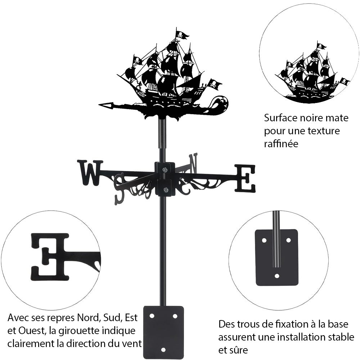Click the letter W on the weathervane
point(90,172)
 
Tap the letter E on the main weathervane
point(245,178)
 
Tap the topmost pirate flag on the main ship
point(182,35)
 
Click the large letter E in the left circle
point(50,256)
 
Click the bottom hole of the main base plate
point(163,350)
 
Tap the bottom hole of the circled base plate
point(276,276)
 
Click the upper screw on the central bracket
point(165,170)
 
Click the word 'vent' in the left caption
point(131,343)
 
